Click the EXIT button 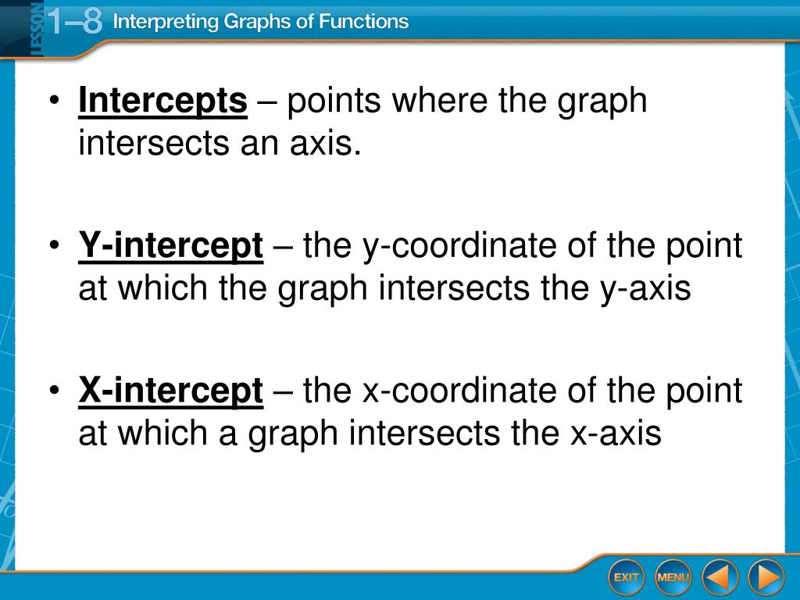[626, 577]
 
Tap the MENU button [673, 577]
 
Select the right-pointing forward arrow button [766, 577]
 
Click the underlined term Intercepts [162, 101]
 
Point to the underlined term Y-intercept [171, 246]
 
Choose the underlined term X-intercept [171, 391]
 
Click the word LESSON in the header [37, 28]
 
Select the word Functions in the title [363, 21]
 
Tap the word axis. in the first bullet [326, 144]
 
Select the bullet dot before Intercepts [55, 100]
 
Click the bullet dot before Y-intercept [55, 245]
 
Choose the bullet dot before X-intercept [55, 391]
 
